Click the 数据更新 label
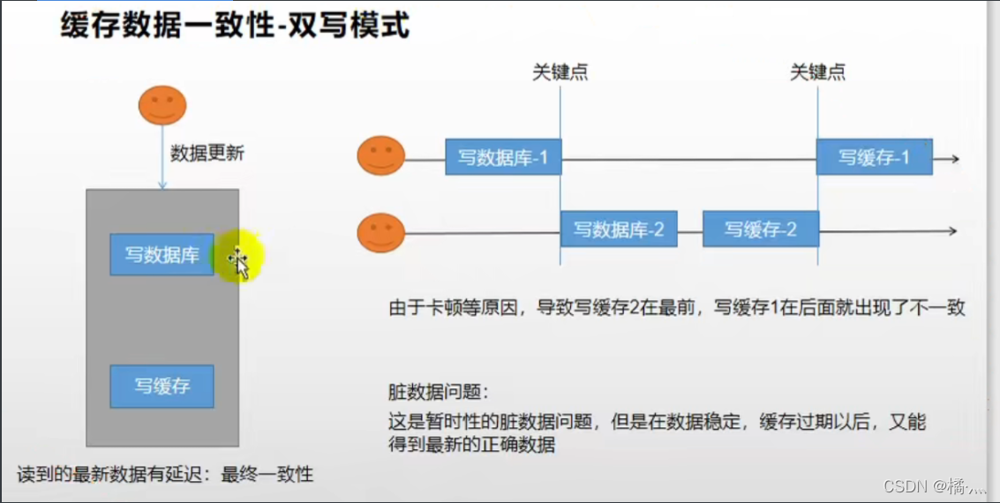coord(207,153)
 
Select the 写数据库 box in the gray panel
coord(162,254)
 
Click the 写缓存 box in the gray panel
coord(162,386)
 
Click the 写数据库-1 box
coord(503,157)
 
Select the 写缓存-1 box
coord(874,157)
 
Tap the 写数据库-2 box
coord(619,229)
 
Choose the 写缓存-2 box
coord(760,229)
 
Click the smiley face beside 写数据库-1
coord(380,157)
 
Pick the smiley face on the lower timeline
coord(380,234)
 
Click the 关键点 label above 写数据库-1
coord(560,72)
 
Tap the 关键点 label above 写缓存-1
coord(817,72)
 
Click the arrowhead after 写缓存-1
coord(953,159)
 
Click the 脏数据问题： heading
coord(438,391)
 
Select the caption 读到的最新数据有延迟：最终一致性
coord(165,475)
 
